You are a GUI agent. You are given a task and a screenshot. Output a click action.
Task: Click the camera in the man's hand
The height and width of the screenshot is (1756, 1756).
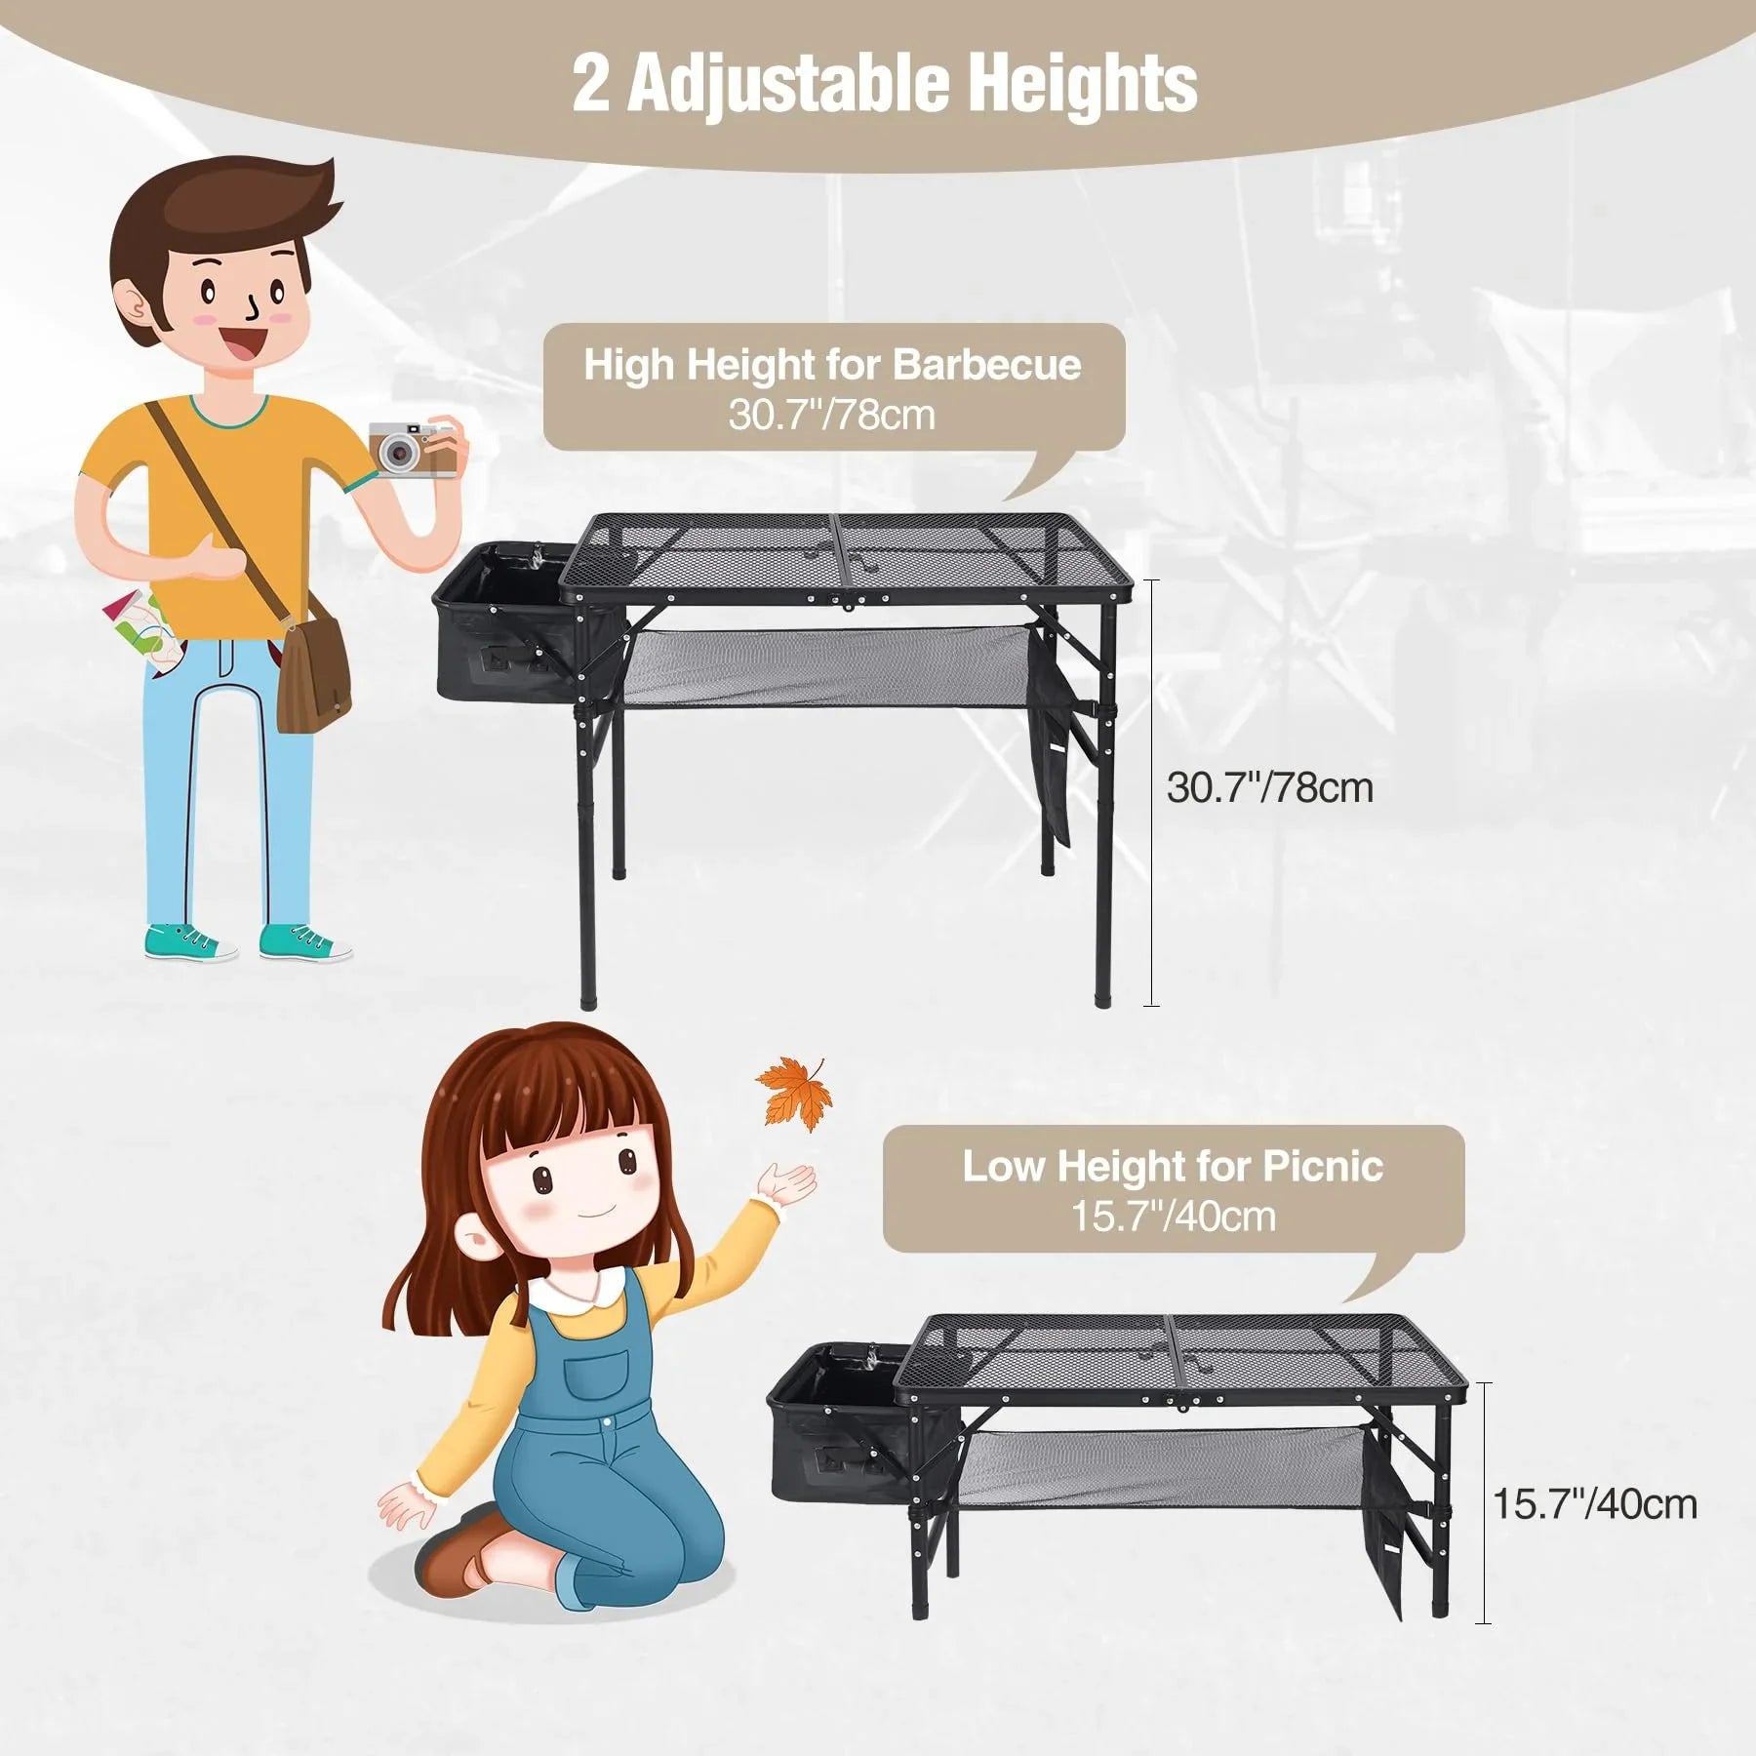[411, 450]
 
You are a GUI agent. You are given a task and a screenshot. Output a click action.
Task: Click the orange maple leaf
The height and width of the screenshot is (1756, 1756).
[794, 1094]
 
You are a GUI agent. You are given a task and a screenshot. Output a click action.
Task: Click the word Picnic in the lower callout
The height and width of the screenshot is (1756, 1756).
[1323, 1167]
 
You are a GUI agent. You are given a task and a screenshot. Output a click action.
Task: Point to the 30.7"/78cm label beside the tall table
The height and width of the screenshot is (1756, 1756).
[1269, 787]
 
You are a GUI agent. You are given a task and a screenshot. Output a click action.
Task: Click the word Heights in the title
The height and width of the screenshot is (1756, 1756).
[1083, 85]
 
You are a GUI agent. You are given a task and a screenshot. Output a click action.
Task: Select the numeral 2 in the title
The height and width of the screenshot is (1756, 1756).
[591, 85]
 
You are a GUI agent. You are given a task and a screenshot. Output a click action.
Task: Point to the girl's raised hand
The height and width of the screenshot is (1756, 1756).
[790, 1185]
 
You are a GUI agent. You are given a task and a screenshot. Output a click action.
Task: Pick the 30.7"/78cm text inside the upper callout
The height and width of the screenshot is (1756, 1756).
[831, 416]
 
